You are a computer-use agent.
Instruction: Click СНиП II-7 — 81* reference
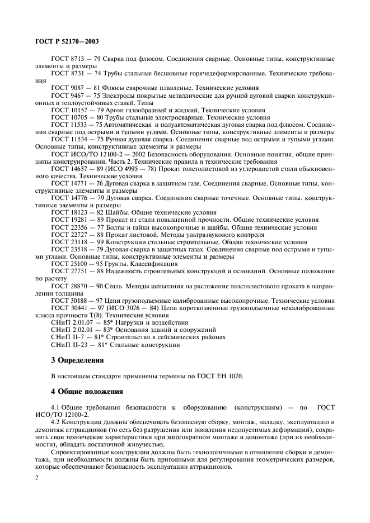click(x=77, y=337)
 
